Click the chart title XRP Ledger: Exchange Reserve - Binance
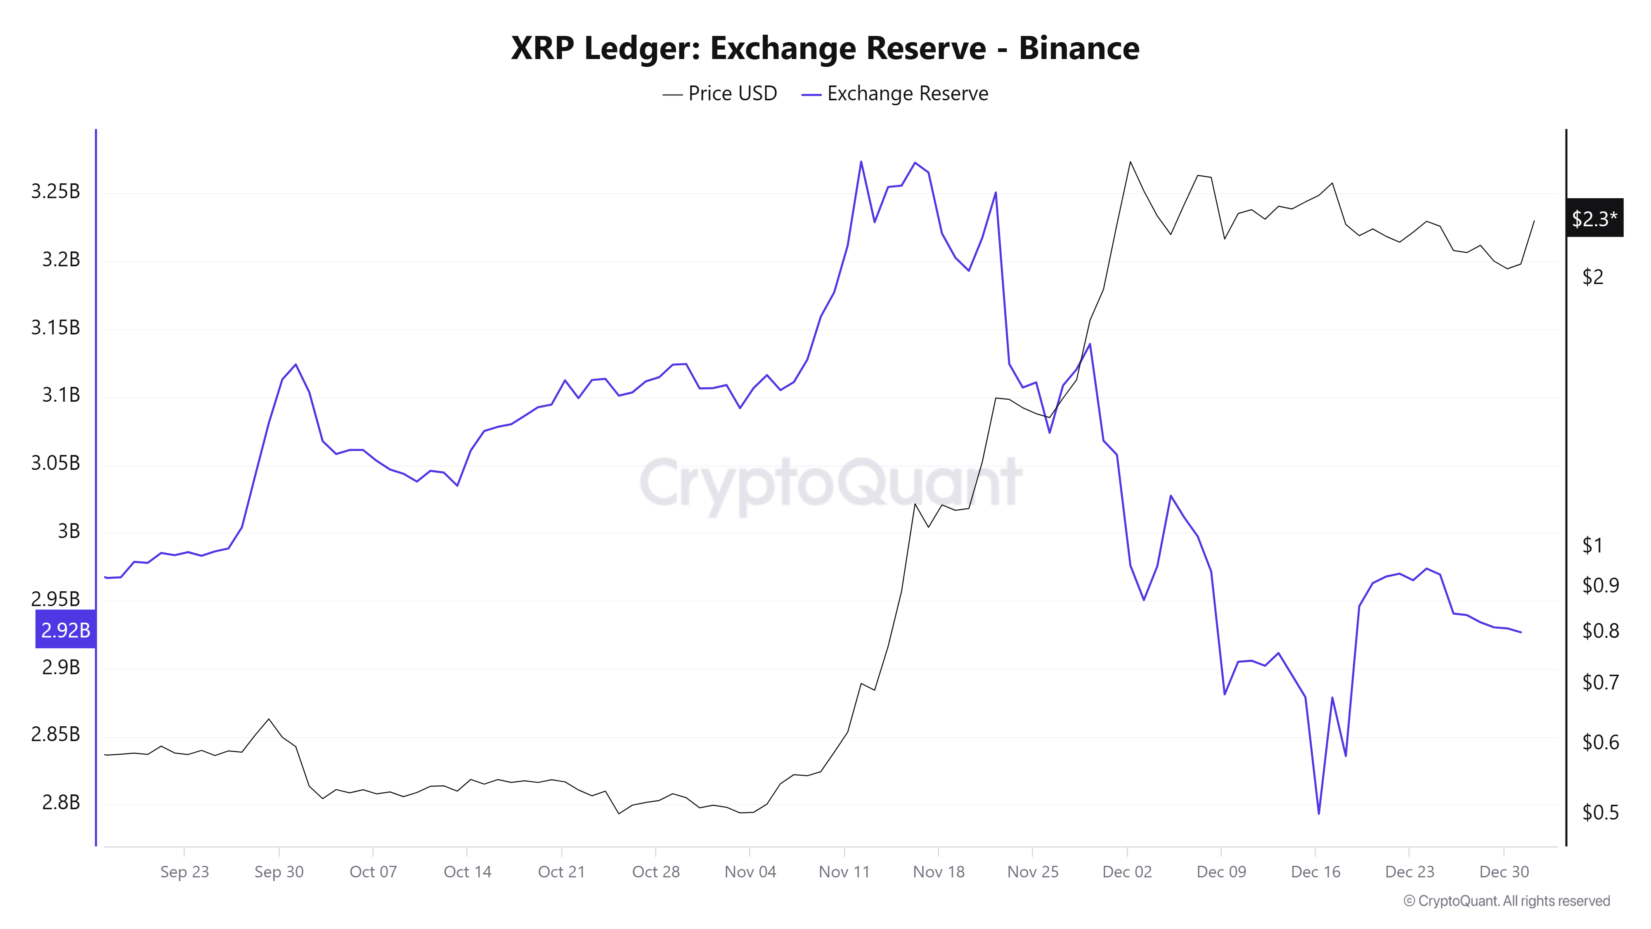pyautogui.click(x=825, y=48)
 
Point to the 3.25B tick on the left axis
pyautogui.click(x=56, y=191)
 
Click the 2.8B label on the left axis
pyautogui.click(x=61, y=802)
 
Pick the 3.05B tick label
pyautogui.click(x=56, y=463)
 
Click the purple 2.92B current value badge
pyautogui.click(x=65, y=630)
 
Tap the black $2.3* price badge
pyautogui.click(x=1594, y=219)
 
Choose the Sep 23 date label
pyautogui.click(x=184, y=872)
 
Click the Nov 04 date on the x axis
pyautogui.click(x=750, y=872)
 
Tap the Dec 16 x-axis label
pyautogui.click(x=1315, y=872)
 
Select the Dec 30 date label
pyautogui.click(x=1504, y=872)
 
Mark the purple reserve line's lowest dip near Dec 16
pyautogui.click(x=1318, y=813)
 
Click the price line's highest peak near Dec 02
pyautogui.click(x=1130, y=162)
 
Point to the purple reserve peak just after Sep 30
pyautogui.click(x=296, y=365)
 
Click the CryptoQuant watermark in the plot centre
pyautogui.click(x=830, y=482)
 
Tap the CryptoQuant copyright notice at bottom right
pyautogui.click(x=1506, y=901)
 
